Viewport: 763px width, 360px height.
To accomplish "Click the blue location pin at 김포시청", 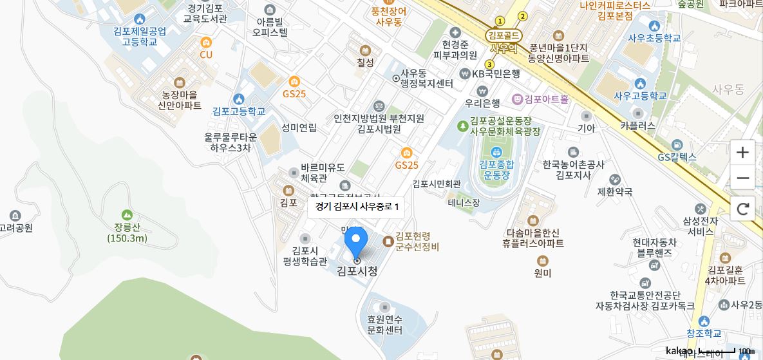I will [x=356, y=242].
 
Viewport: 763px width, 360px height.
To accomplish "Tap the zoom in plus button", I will [x=742, y=153].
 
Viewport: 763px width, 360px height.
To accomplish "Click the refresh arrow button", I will [x=742, y=208].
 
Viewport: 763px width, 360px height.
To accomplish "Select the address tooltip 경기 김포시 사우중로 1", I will [x=356, y=207].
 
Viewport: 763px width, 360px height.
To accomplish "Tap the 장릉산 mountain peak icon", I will [x=127, y=214].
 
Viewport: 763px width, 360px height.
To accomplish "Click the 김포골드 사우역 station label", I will [x=504, y=41].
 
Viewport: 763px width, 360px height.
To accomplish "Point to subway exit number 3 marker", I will [x=490, y=64].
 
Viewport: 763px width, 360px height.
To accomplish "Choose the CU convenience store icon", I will [x=206, y=43].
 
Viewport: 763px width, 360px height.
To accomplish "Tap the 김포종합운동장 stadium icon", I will [x=496, y=152].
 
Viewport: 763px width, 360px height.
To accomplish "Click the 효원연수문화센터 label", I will [x=384, y=325].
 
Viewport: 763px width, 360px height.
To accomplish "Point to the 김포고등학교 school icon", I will [x=239, y=99].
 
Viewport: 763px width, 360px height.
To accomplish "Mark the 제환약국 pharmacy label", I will [x=615, y=191].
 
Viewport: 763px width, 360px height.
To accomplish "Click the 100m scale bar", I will [x=717, y=352].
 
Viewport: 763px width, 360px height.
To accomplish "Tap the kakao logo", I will [x=679, y=351].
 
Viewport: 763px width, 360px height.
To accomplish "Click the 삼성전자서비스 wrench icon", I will [x=701, y=209].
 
